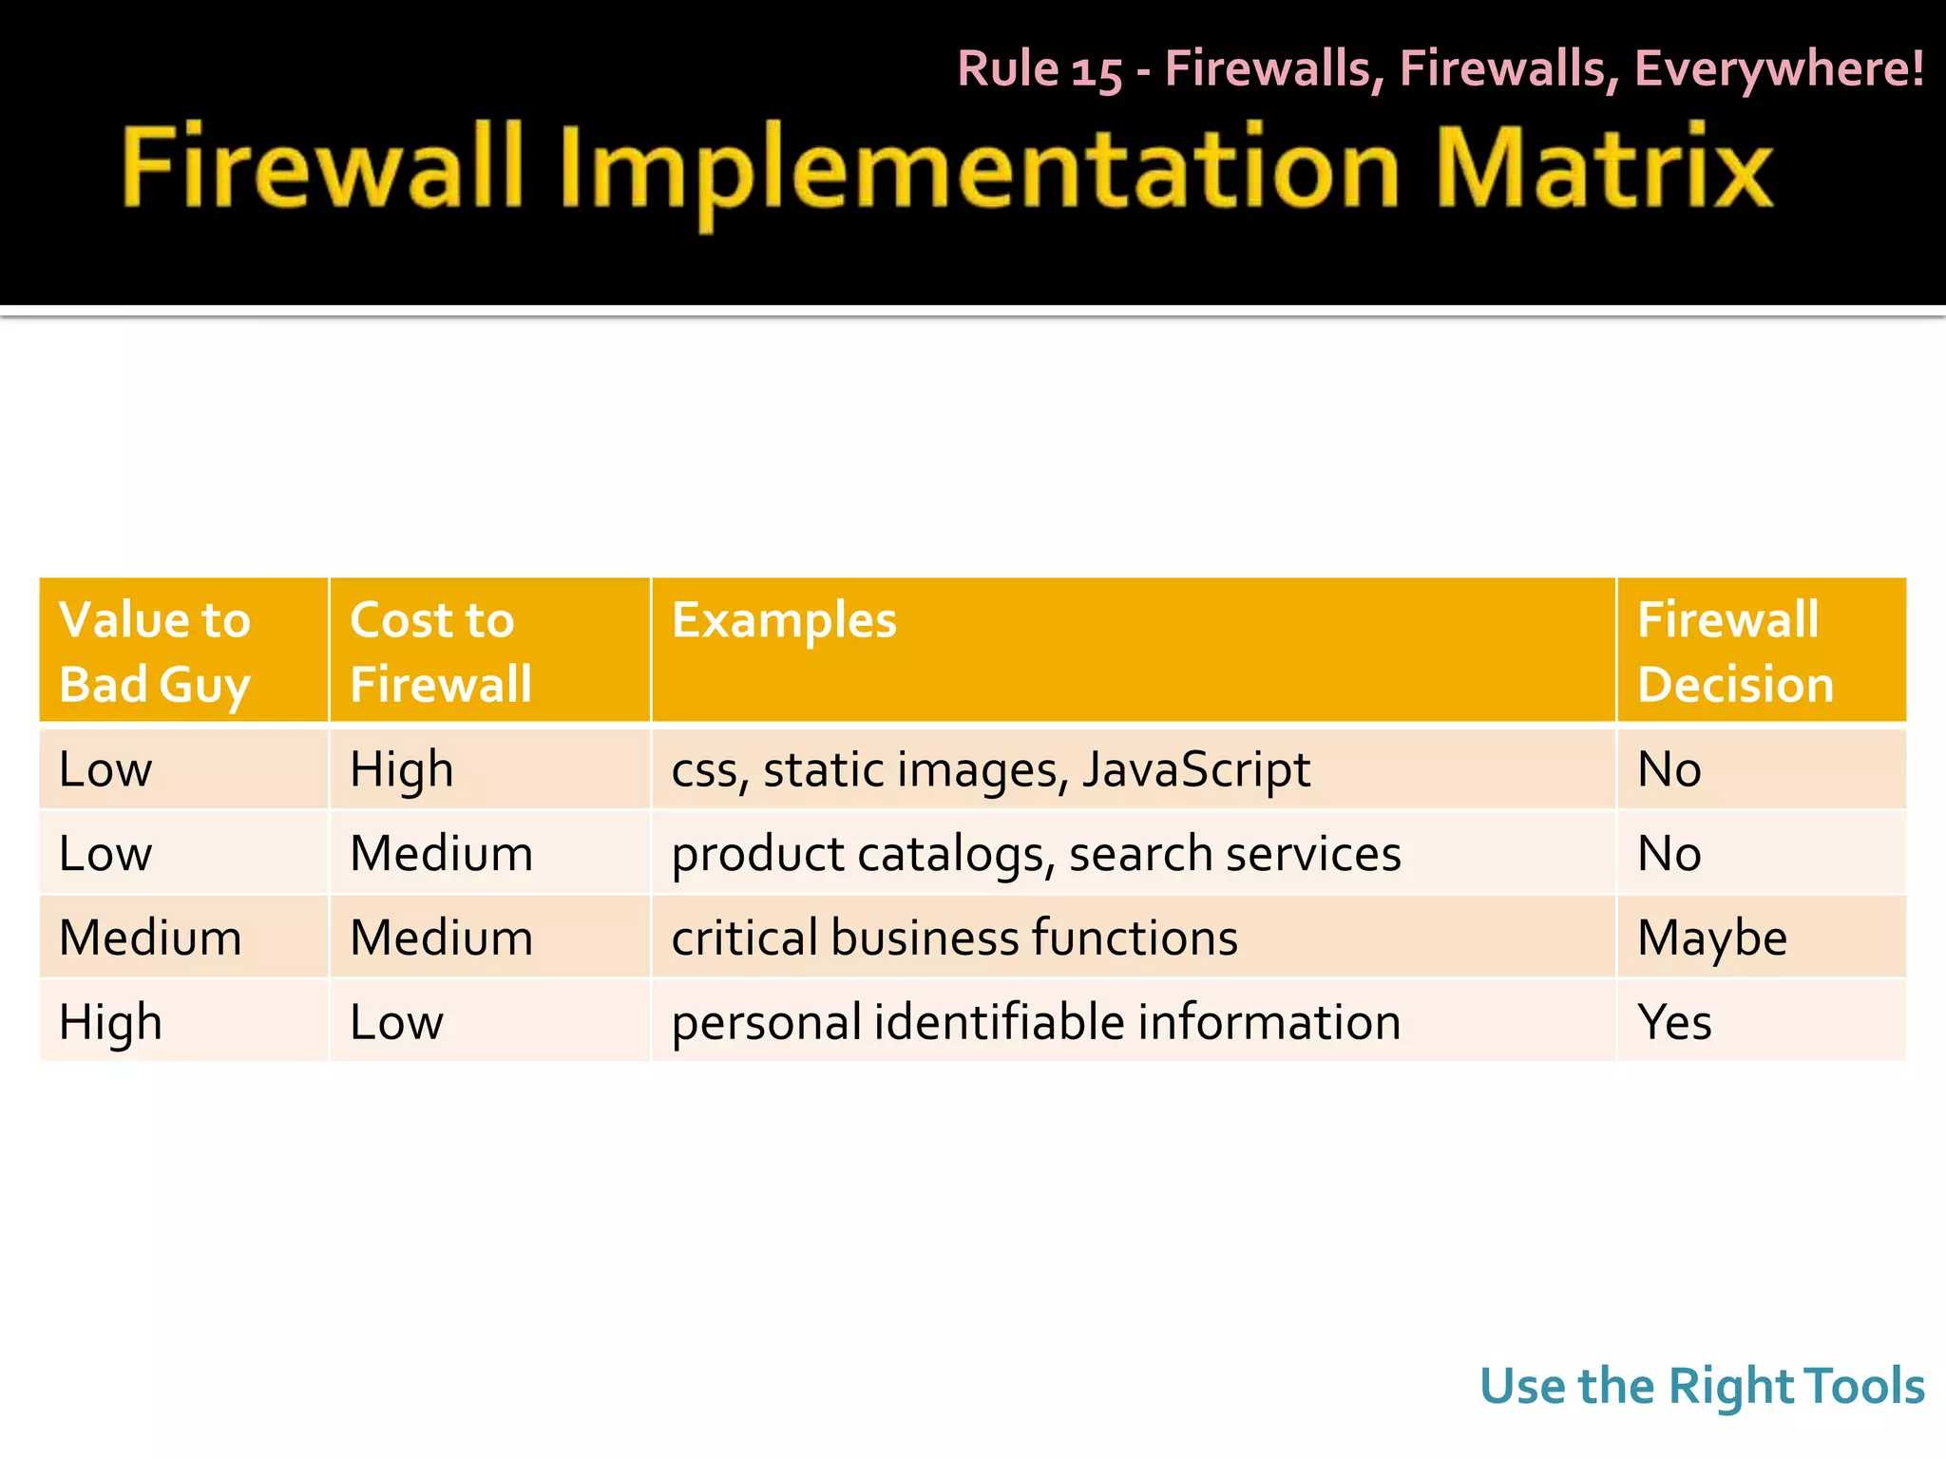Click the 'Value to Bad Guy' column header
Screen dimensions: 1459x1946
tap(155, 652)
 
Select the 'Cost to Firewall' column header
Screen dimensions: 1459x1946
tap(440, 652)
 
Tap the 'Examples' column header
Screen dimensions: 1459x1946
tap(784, 620)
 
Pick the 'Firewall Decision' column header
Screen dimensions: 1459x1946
tap(1735, 652)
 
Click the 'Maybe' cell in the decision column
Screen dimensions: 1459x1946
tap(1712, 938)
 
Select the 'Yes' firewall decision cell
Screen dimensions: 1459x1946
tap(1675, 1022)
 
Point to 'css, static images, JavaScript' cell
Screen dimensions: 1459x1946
tap(990, 769)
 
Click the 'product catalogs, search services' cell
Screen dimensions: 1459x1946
tap(1036, 853)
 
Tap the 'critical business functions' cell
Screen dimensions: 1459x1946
tap(954, 938)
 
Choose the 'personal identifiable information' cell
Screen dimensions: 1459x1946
tap(1036, 1022)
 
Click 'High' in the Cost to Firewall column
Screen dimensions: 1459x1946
tap(401, 769)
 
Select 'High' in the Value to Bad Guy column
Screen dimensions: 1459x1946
tap(110, 1022)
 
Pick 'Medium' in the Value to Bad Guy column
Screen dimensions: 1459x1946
tap(150, 938)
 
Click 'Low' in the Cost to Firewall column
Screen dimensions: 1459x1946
tap(396, 1022)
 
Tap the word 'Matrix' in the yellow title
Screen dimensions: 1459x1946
tap(1604, 168)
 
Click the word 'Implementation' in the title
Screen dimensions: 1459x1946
tap(979, 171)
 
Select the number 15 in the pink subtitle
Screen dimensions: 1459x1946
tap(1097, 70)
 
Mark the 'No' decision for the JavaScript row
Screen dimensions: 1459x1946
tap(1669, 769)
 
